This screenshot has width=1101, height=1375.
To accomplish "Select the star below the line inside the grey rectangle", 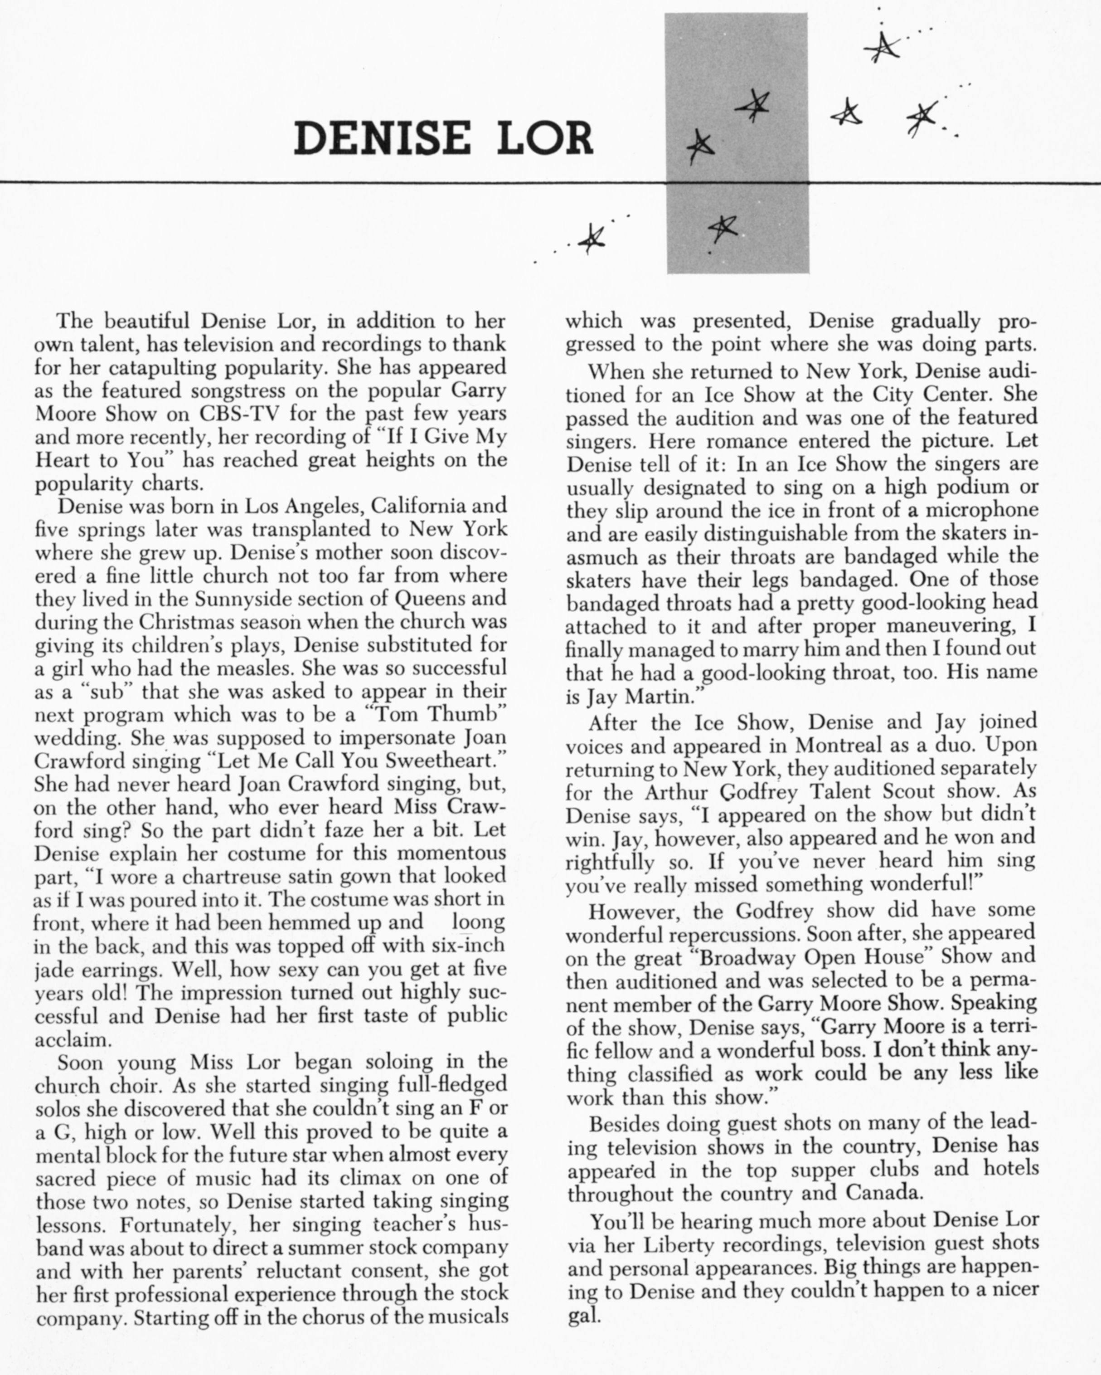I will pos(723,228).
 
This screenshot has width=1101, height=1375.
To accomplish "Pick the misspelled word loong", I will pos(478,923).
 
